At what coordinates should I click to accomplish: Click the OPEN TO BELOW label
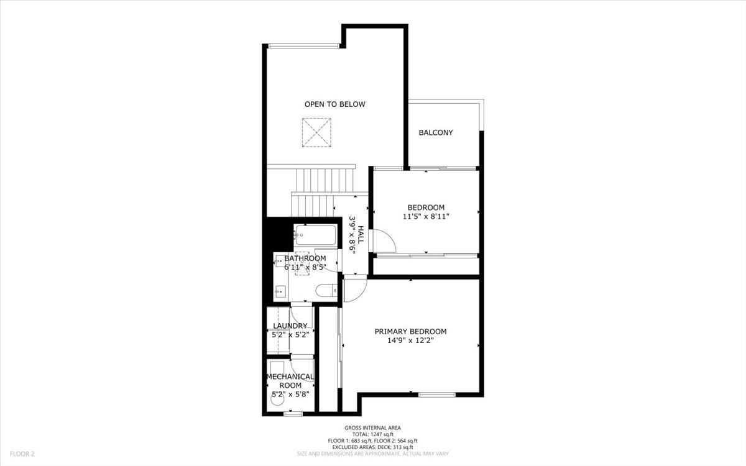tap(334, 104)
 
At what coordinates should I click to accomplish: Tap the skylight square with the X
tap(316, 133)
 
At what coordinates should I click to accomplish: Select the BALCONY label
tap(435, 132)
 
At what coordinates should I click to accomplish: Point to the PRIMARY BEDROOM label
tap(410, 331)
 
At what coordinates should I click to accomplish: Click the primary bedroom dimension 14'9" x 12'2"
tap(410, 340)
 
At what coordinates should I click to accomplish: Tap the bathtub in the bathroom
tap(315, 235)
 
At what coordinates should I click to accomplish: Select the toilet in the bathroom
tap(325, 290)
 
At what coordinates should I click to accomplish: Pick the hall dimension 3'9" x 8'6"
tap(352, 234)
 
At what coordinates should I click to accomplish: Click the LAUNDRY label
tap(290, 326)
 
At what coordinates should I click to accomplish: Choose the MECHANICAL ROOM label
tap(290, 381)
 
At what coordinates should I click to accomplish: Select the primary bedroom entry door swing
tap(354, 290)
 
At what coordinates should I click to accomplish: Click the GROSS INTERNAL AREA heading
tap(373, 427)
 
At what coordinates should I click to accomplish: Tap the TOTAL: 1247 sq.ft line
tap(373, 434)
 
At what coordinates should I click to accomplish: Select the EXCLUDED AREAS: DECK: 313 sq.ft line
tap(373, 447)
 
